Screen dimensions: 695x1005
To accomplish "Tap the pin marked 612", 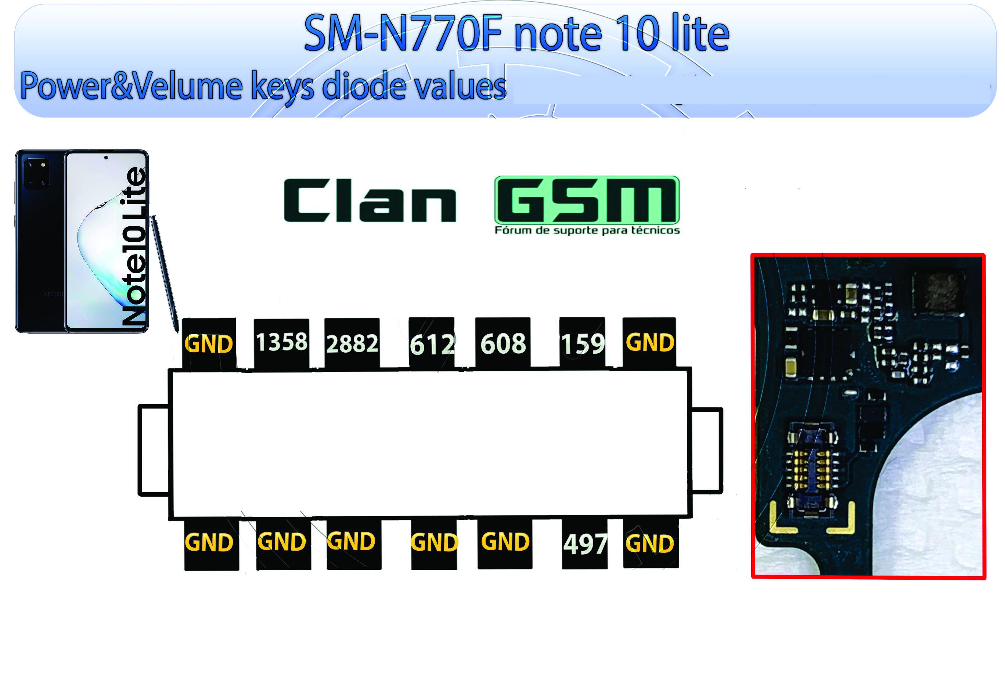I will [432, 344].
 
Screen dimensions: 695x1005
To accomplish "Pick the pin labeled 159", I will [582, 344].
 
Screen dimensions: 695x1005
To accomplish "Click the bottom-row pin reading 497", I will [585, 544].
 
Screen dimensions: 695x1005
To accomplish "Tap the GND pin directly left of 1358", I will [209, 344].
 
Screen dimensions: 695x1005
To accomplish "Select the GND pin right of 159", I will [649, 343].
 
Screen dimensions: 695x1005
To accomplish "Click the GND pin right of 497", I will [651, 543].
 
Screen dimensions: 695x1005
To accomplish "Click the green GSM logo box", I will [587, 200].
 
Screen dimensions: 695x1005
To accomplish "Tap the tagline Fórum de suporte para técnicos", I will [587, 230].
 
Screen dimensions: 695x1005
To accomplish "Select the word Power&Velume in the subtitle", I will [131, 86].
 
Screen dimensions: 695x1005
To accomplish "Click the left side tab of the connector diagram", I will [153, 450].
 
